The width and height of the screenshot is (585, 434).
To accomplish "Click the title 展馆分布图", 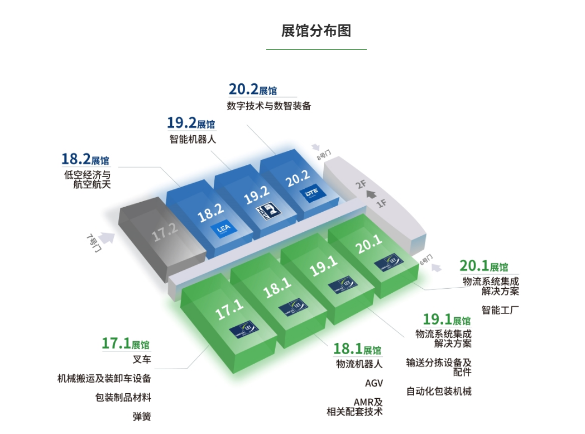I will [316, 31].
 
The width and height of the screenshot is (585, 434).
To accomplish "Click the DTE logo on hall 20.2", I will [310, 194].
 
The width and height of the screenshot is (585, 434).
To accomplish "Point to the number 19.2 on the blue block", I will [257, 195].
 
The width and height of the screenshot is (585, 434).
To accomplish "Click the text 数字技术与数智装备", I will [268, 106].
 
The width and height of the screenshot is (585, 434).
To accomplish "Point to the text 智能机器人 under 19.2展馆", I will [193, 139].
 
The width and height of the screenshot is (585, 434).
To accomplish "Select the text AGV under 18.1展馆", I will [374, 383].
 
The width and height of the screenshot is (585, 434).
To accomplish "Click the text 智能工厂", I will [500, 309].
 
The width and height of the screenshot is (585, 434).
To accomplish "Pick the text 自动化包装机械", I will [439, 391].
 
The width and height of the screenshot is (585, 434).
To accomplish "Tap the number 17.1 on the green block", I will [229, 310].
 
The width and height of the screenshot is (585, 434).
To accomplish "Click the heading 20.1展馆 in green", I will [483, 266].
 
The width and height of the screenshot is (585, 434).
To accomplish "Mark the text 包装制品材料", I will [123, 398].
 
